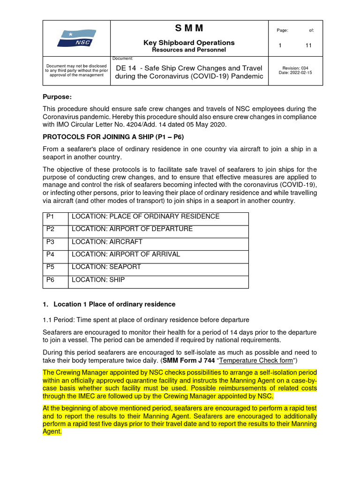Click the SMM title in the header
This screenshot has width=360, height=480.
[189, 29]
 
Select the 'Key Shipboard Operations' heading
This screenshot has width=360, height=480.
[189, 43]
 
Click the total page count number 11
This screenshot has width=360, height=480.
[308, 45]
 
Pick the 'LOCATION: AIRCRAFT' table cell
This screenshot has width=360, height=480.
[106, 242]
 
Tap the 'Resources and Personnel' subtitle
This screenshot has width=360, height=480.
[189, 50]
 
